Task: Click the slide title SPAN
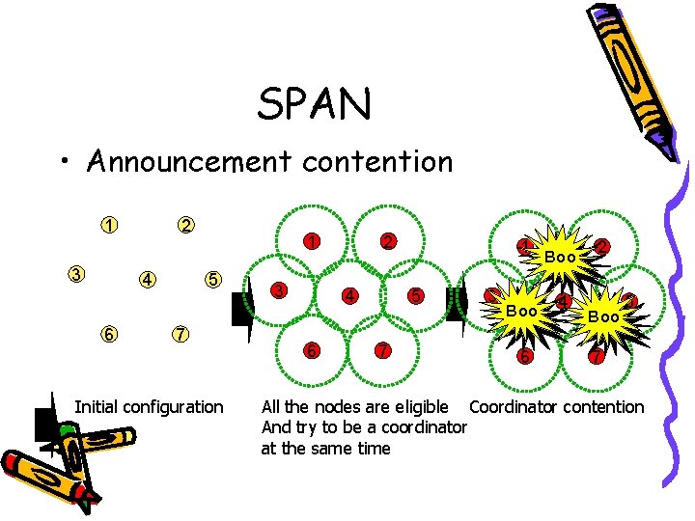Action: [314, 104]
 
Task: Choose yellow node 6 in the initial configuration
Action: [111, 334]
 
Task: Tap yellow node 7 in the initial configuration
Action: [179, 334]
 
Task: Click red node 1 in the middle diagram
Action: [311, 240]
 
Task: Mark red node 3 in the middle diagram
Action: [278, 289]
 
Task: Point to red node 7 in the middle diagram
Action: [383, 350]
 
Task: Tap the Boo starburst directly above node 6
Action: [522, 311]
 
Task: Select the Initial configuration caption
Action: [149, 407]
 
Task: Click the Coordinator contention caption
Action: [556, 407]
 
